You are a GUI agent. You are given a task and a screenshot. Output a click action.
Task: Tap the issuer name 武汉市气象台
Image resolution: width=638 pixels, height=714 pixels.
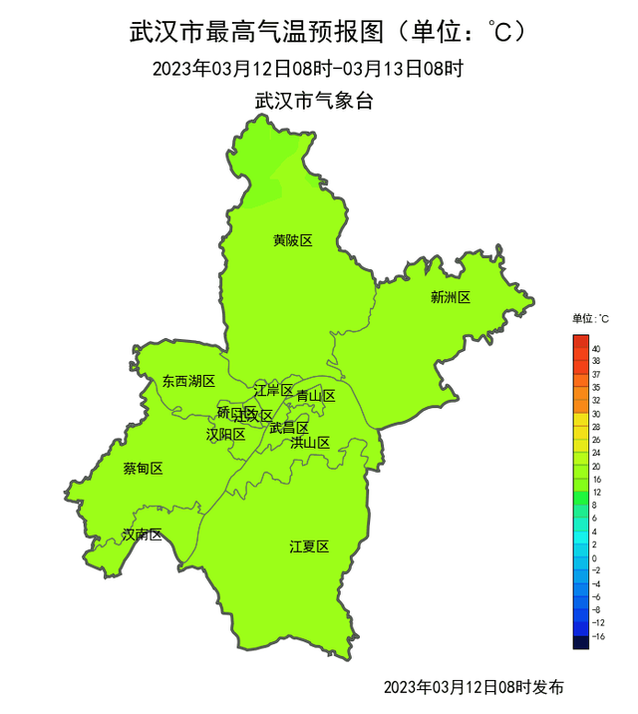[x=314, y=101]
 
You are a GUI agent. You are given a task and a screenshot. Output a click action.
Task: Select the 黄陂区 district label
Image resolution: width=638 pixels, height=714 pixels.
[x=293, y=240]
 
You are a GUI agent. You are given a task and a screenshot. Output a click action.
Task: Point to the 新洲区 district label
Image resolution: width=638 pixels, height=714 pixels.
[x=450, y=297]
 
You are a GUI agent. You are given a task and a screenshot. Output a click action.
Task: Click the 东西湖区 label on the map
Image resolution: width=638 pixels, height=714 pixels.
[x=188, y=381]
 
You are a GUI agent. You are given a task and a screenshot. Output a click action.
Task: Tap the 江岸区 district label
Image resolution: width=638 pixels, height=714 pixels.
[x=273, y=390]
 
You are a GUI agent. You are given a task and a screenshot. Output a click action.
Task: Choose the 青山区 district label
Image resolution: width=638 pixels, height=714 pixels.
[x=316, y=396]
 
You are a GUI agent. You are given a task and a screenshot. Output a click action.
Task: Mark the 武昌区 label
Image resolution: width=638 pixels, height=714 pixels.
[x=289, y=428]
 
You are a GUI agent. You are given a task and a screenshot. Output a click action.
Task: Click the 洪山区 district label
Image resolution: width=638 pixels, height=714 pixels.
[x=310, y=442]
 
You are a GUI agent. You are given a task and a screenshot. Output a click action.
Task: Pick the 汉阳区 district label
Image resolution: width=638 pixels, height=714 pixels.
[x=225, y=434]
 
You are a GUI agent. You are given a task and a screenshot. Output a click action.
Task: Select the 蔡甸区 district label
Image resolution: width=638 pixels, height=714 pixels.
[x=143, y=469]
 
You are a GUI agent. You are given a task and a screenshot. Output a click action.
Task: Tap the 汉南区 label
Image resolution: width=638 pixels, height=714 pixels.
[x=142, y=535]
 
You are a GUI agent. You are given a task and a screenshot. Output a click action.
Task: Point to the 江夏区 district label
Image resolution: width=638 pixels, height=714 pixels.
[x=309, y=545]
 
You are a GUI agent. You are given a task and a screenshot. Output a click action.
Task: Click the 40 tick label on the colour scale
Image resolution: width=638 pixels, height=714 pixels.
[x=595, y=349]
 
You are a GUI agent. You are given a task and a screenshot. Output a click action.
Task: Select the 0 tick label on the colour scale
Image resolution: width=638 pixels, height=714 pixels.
[x=595, y=557]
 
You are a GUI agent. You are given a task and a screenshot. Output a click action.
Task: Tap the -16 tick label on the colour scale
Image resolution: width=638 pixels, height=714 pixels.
[x=596, y=635]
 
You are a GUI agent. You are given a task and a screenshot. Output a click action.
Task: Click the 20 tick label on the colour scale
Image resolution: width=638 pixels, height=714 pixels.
[x=595, y=466]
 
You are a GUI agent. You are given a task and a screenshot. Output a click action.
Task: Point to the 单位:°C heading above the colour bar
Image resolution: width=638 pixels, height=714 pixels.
[x=590, y=319]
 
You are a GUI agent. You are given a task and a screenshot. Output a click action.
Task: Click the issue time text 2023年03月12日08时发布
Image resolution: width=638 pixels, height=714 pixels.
[x=474, y=687]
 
